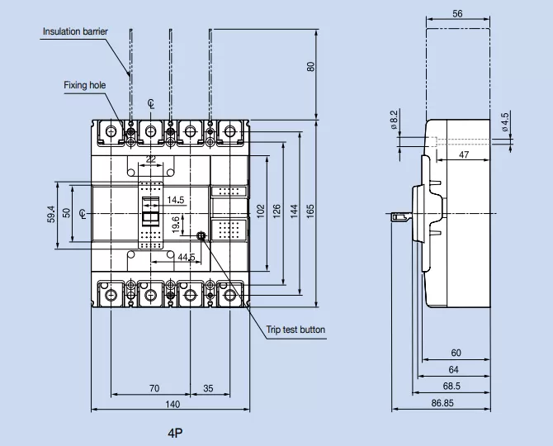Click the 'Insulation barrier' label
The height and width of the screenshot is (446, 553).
pyautogui.click(x=75, y=31)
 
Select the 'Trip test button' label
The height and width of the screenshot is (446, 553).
pyautogui.click(x=295, y=330)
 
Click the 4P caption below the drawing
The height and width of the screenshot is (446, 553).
pyautogui.click(x=174, y=432)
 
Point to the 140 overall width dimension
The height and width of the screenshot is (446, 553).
pyautogui.click(x=173, y=404)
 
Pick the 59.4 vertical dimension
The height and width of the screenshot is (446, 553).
pyautogui.click(x=51, y=214)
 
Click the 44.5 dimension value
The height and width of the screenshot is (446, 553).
pyautogui.click(x=187, y=258)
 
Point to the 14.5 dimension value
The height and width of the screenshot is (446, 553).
pyautogui.click(x=176, y=200)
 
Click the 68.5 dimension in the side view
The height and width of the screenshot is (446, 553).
pyautogui.click(x=451, y=386)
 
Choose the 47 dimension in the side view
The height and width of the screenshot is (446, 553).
pyautogui.click(x=465, y=154)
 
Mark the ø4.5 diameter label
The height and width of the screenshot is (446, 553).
pyautogui.click(x=504, y=121)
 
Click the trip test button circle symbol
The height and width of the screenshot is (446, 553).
pyautogui.click(x=201, y=236)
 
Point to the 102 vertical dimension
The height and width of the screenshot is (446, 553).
pyautogui.click(x=261, y=211)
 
